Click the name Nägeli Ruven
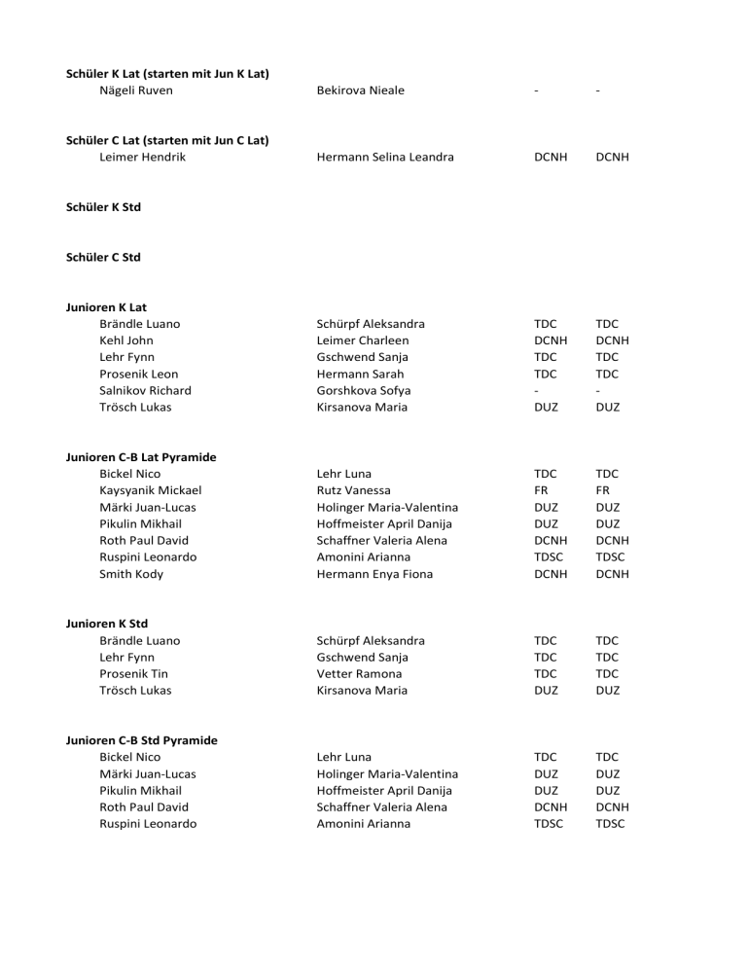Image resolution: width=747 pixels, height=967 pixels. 136,90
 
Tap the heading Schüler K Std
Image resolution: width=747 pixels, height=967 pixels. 105,207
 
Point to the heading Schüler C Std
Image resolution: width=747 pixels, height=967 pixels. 105,257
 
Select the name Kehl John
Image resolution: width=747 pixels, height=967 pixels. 126,340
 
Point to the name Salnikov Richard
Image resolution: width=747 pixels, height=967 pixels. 145,390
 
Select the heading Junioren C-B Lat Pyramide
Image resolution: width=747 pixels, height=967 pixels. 141,457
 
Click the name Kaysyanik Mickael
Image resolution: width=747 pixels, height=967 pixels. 151,490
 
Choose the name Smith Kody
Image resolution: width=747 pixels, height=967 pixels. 131,574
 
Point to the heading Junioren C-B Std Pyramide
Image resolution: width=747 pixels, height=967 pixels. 141,740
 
